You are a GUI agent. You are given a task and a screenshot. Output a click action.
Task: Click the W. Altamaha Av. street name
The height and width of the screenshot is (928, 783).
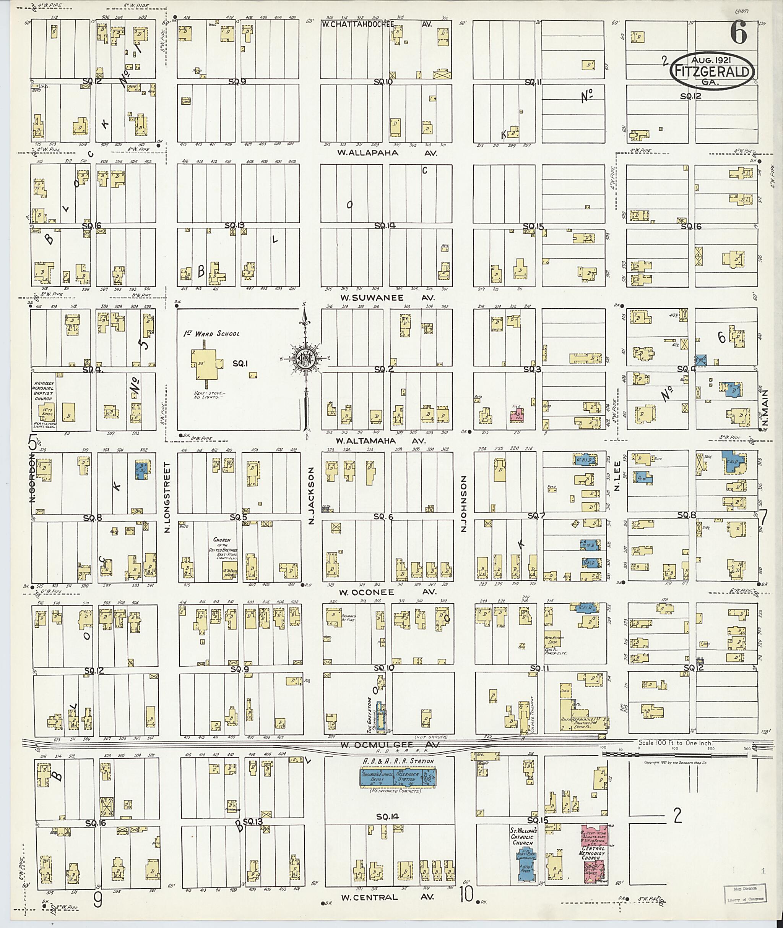(380, 441)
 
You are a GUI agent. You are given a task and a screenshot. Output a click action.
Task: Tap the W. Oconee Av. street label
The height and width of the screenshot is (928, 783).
(388, 592)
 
